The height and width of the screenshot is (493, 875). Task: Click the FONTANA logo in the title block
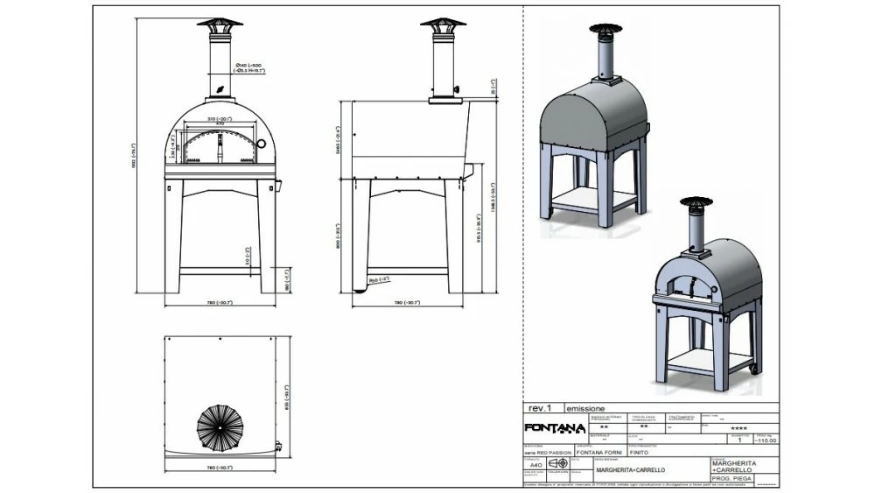point(554,428)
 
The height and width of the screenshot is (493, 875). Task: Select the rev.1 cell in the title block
point(540,408)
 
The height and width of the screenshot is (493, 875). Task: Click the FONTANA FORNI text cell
point(600,453)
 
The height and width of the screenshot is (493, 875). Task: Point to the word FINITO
point(642,453)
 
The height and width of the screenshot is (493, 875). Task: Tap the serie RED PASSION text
point(549,453)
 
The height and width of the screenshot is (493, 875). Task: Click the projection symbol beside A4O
point(557,463)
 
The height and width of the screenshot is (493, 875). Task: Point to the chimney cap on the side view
point(443,24)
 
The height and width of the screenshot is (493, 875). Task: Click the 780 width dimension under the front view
point(220,302)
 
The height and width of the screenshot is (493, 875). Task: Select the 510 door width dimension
point(219,118)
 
